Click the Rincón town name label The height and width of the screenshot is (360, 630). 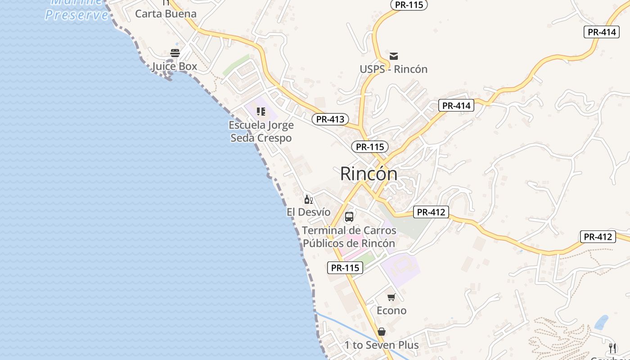pyautogui.click(x=369, y=174)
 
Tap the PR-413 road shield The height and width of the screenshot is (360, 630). pyautogui.click(x=330, y=119)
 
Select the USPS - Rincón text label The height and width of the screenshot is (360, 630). pyautogui.click(x=393, y=69)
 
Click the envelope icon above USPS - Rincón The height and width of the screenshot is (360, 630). pyautogui.click(x=394, y=56)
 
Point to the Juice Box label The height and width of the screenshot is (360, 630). pyautogui.click(x=175, y=67)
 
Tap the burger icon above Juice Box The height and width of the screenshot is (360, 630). pyautogui.click(x=175, y=53)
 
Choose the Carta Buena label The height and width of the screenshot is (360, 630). pyautogui.click(x=166, y=13)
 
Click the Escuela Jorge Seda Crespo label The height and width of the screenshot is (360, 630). pyautogui.click(x=261, y=131)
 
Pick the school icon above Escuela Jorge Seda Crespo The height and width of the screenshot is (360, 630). pyautogui.click(x=261, y=111)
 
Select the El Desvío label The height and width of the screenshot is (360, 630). pyautogui.click(x=308, y=212)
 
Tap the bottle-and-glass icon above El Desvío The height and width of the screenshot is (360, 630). pyautogui.click(x=308, y=199)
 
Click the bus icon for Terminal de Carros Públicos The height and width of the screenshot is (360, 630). pyautogui.click(x=349, y=217)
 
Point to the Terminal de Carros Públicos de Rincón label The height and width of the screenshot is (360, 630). pyautogui.click(x=349, y=237)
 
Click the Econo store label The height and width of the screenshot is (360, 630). pyautogui.click(x=391, y=310)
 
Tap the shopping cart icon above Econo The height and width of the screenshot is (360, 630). pyautogui.click(x=391, y=297)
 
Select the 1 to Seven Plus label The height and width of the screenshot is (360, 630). pyautogui.click(x=382, y=345)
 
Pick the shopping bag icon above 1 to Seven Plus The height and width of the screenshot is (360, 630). pyautogui.click(x=382, y=332)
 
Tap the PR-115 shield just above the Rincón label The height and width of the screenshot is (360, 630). pyautogui.click(x=370, y=147)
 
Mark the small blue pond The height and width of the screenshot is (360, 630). pyautogui.click(x=601, y=322)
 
